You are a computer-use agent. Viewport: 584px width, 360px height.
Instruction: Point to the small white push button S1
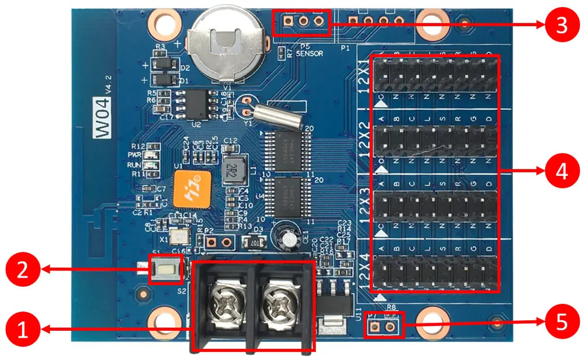pyautogui.click(x=165, y=269)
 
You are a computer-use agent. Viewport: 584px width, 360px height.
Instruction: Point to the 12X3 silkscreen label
pyautogui.click(x=366, y=210)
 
